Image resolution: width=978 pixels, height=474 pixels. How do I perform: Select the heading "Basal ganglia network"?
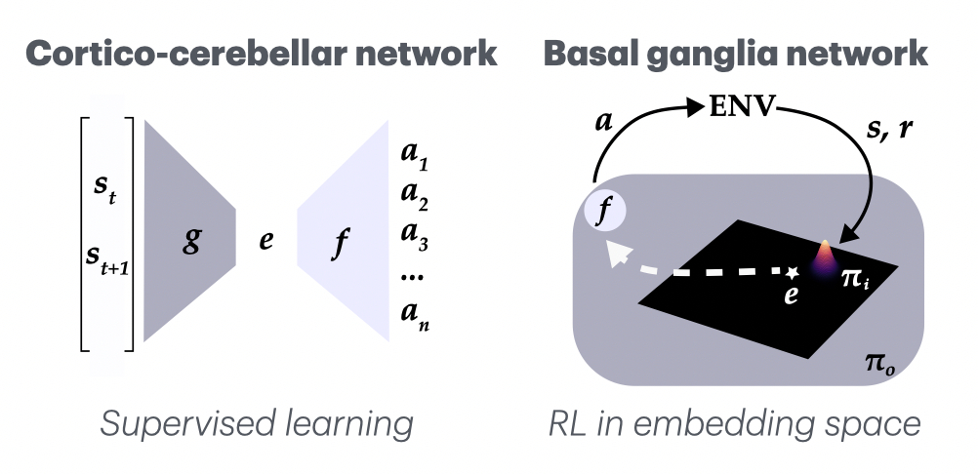tap(735, 54)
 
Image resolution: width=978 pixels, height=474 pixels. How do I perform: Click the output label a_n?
tap(417, 317)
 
